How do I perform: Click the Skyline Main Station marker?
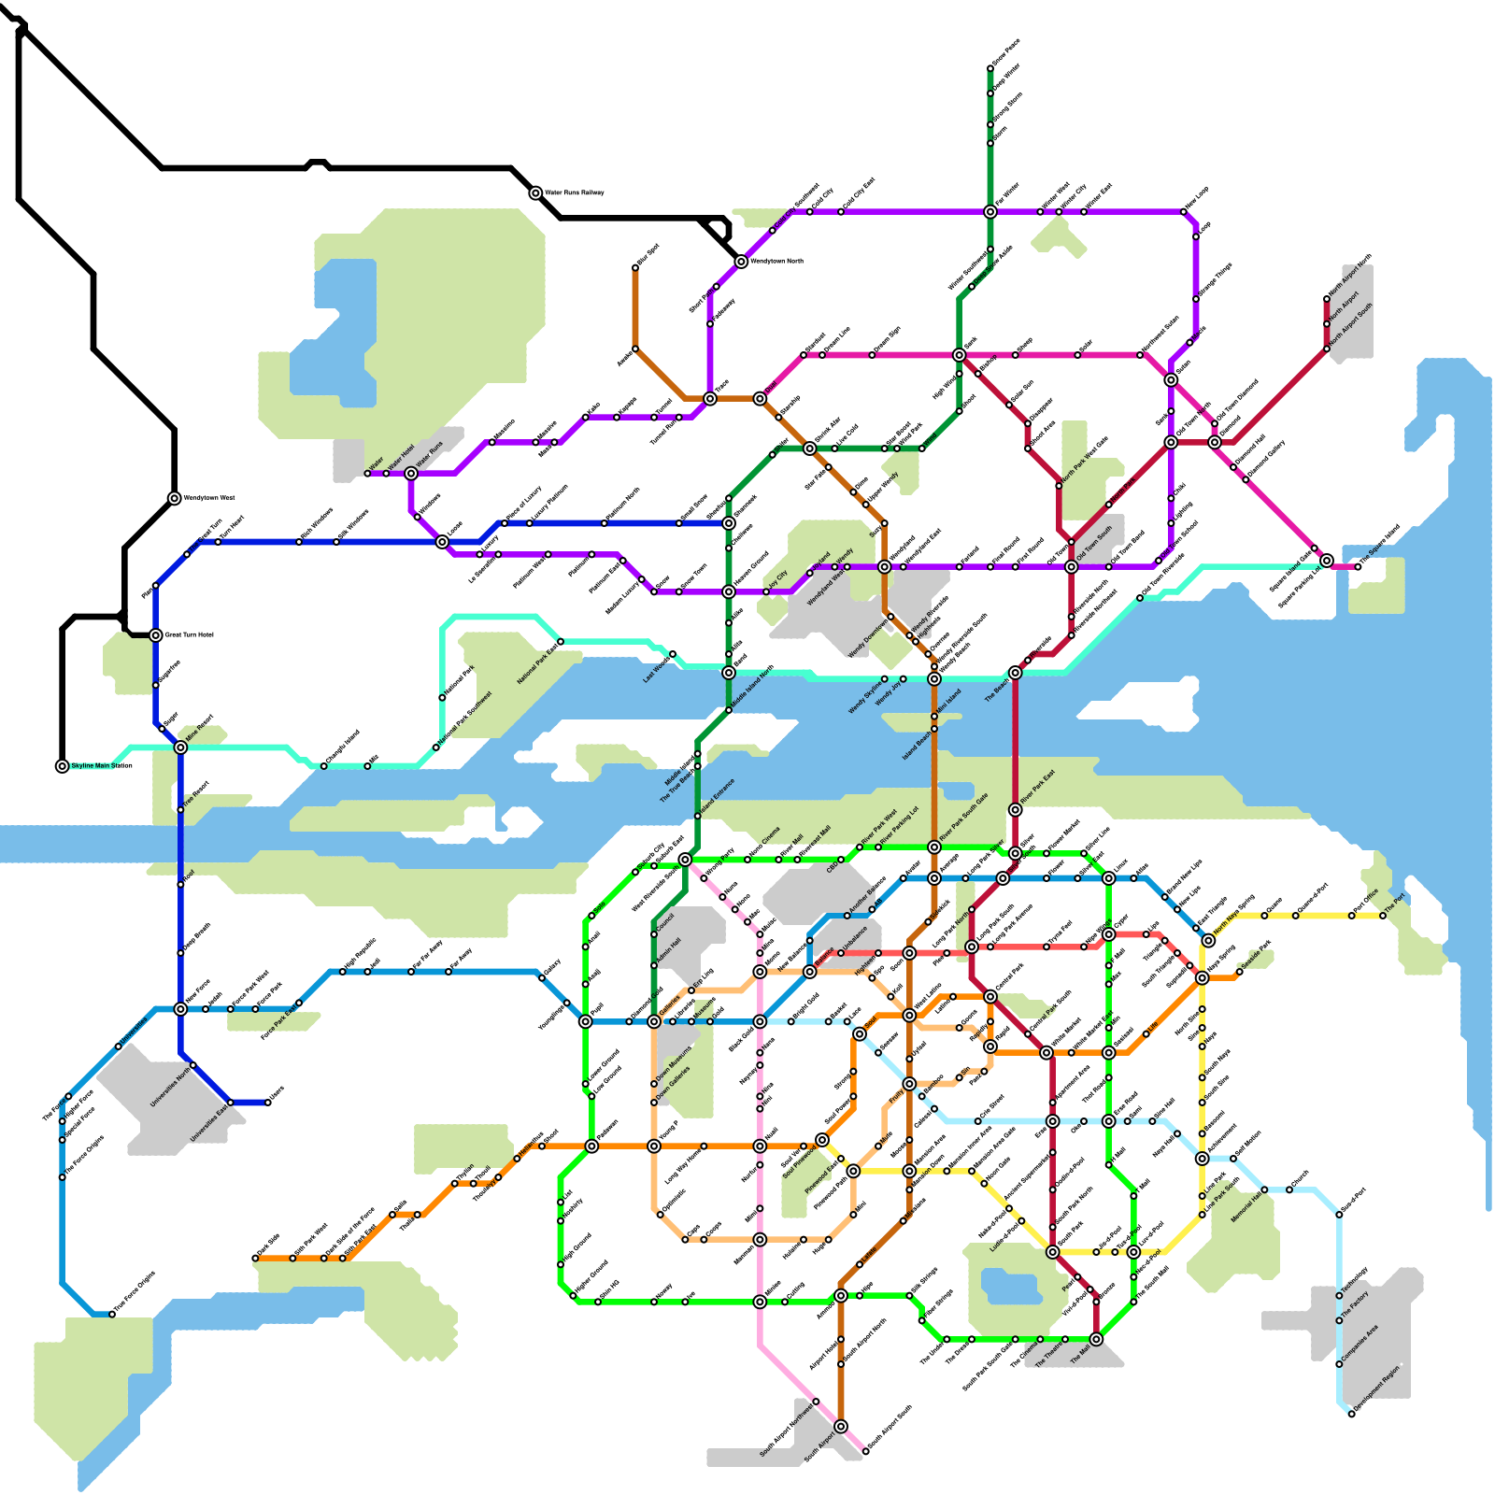(x=63, y=766)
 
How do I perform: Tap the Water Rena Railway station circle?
(x=535, y=193)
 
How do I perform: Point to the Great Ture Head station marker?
(x=156, y=635)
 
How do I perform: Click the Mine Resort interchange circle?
(x=180, y=747)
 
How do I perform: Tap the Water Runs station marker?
(x=411, y=474)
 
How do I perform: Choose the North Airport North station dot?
(x=1327, y=299)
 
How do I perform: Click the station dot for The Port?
(x=1383, y=916)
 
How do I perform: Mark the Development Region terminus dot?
(x=1351, y=1414)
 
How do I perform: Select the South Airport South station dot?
(x=866, y=1451)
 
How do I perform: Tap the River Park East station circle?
(x=1016, y=810)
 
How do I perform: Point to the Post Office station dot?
(x=1352, y=916)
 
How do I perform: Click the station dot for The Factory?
(x=1339, y=1320)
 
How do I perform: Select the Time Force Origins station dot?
(x=112, y=1315)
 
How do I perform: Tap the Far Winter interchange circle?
(x=990, y=212)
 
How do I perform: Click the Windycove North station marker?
(x=741, y=262)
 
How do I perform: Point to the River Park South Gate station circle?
(x=934, y=847)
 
